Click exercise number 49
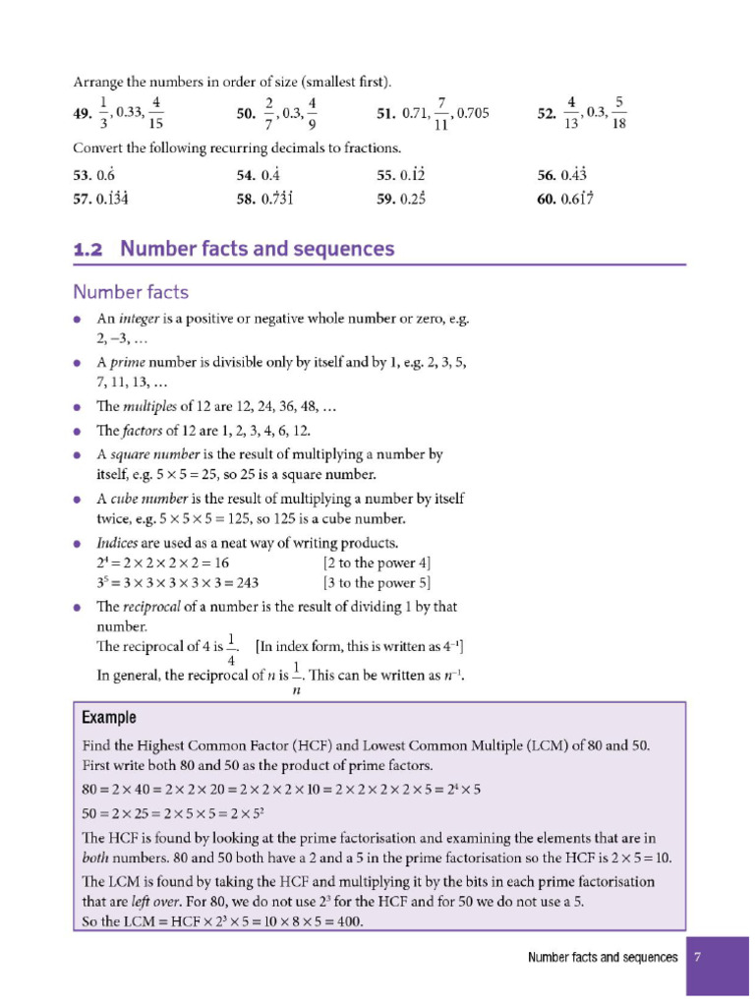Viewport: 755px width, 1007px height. tap(83, 115)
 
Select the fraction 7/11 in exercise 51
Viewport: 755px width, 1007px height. tap(441, 114)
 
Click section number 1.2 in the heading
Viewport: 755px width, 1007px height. tap(88, 249)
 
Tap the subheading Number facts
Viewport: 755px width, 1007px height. tap(131, 292)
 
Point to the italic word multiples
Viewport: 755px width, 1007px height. tap(152, 406)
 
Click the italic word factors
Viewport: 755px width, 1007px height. tap(144, 431)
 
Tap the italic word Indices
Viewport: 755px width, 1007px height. tap(117, 543)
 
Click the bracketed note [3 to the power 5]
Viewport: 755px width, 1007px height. tap(377, 581)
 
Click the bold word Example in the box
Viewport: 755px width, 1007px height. tap(108, 717)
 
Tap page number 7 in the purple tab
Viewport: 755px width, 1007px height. tap(696, 957)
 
